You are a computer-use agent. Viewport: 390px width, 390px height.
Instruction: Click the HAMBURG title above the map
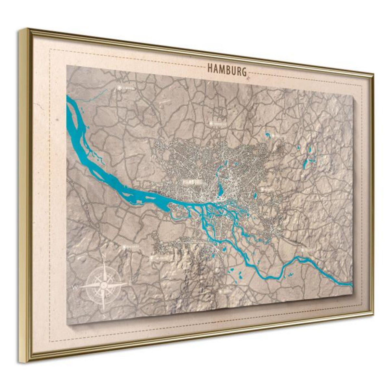tap(227, 69)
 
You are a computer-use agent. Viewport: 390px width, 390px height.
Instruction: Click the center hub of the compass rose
tap(104, 285)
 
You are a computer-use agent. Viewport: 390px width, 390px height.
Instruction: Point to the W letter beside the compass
tap(74, 287)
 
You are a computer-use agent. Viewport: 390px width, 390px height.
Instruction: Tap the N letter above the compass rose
tap(104, 257)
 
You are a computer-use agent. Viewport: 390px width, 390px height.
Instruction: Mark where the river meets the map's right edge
tap(352, 285)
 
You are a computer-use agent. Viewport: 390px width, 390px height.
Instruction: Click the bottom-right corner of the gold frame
tap(372, 313)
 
